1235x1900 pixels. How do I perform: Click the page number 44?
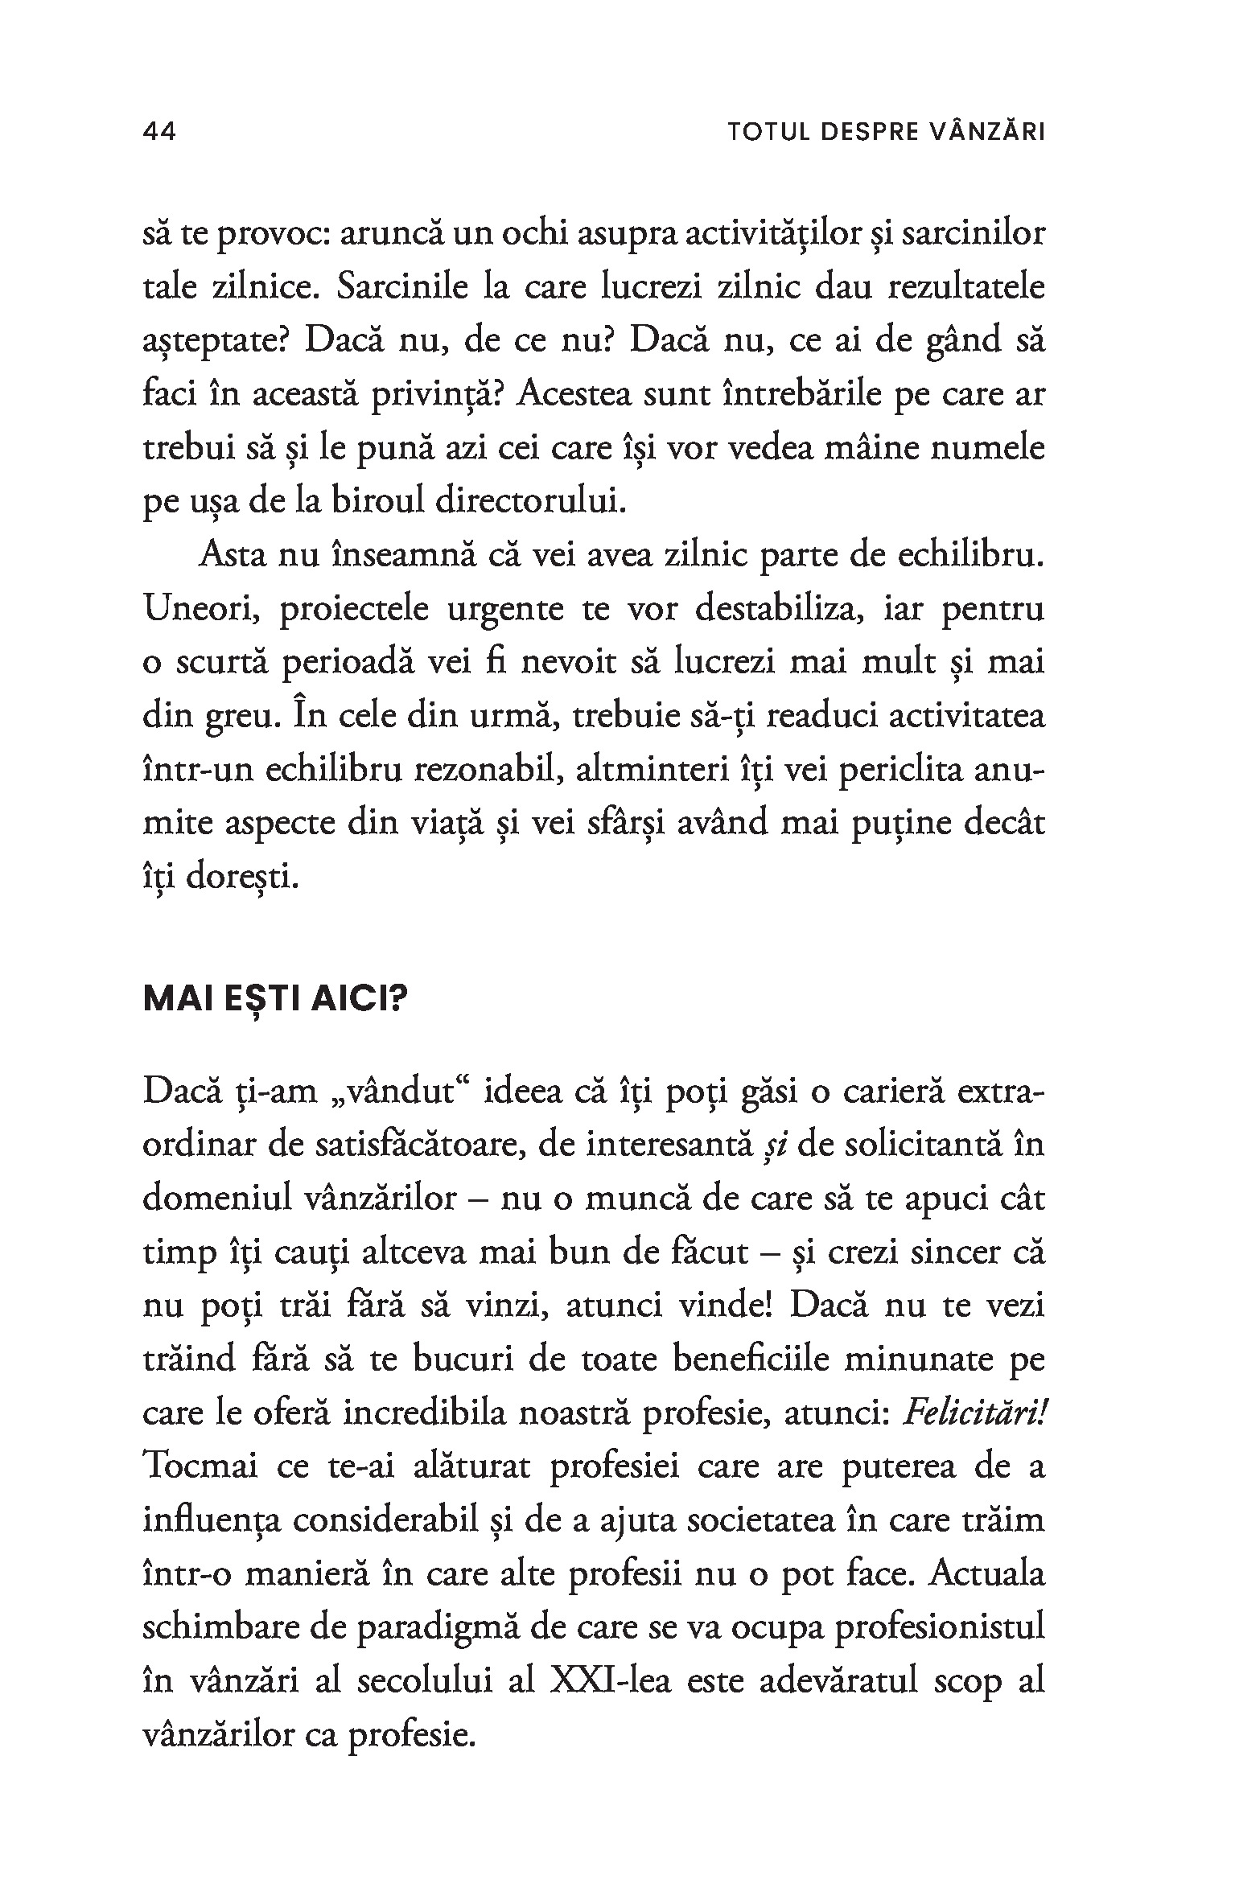click(x=159, y=132)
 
